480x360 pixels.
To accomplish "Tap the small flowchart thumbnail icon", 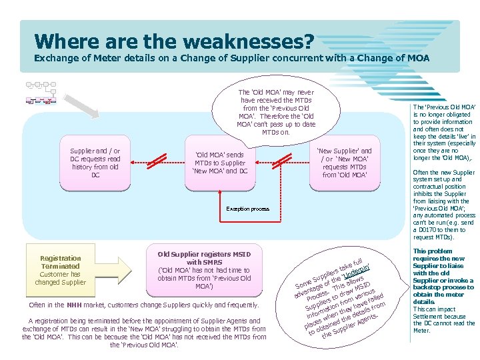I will tap(41, 93).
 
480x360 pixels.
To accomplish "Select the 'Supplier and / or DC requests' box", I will tap(95, 163).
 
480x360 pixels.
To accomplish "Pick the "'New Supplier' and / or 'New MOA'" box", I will tap(344, 163).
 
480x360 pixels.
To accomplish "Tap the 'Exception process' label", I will tap(247, 209).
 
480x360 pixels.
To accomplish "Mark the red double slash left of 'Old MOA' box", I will tap(157, 160).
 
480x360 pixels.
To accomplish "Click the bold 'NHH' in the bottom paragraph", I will tap(74, 305).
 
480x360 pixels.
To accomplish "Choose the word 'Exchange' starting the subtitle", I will tap(55, 59).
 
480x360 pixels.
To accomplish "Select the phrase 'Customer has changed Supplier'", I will tap(61, 278).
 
